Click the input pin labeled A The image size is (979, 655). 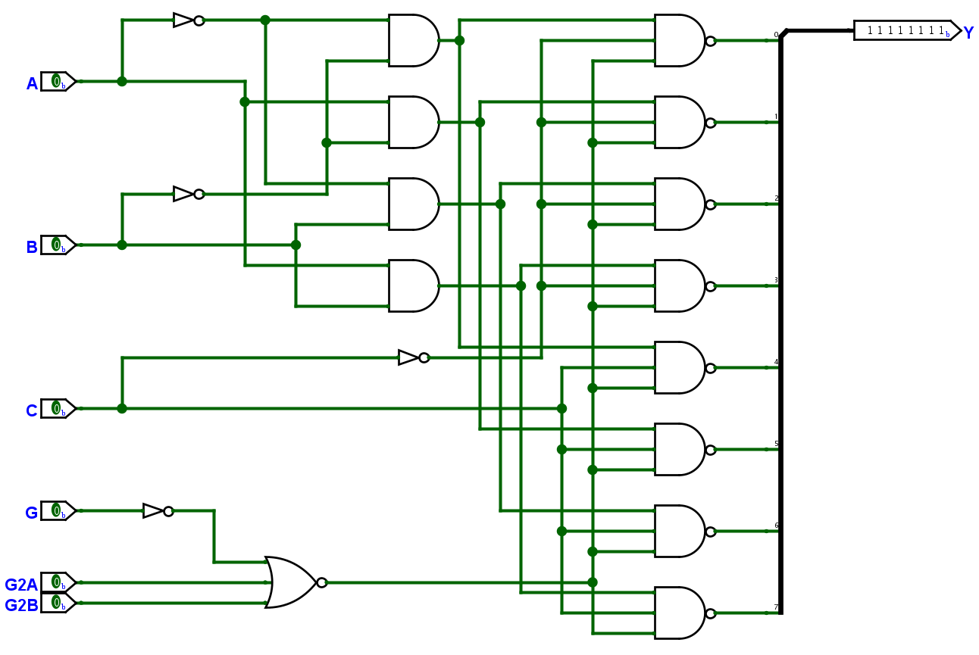pyautogui.click(x=58, y=82)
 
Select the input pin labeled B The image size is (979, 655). pyautogui.click(x=58, y=245)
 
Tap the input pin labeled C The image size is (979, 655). pyautogui.click(x=58, y=409)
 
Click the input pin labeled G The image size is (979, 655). pyautogui.click(x=58, y=511)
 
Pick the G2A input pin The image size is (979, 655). pyautogui.click(x=58, y=582)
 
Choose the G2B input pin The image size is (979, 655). pyautogui.click(x=58, y=603)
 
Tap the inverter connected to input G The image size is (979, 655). pyautogui.click(x=158, y=511)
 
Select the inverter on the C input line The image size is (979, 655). pyautogui.click(x=414, y=357)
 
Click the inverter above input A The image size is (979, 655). pyautogui.click(x=189, y=20)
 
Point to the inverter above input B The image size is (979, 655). pyautogui.click(x=189, y=194)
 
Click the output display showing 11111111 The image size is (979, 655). pyautogui.click(x=908, y=30)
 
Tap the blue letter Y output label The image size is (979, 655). pyautogui.click(x=968, y=33)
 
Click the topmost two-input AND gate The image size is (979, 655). pyautogui.click(x=414, y=41)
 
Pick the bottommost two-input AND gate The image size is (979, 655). pyautogui.click(x=414, y=286)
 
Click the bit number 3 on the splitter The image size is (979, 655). pyautogui.click(x=776, y=280)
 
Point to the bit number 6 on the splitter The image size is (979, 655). pyautogui.click(x=776, y=526)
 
